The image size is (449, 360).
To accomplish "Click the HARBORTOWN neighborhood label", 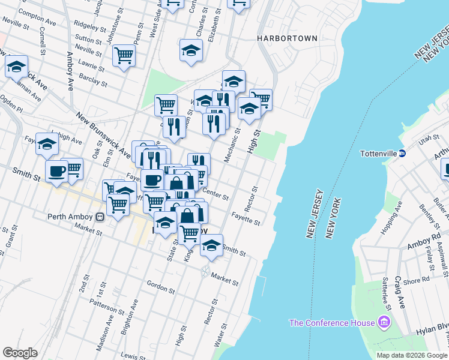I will pos(287,38).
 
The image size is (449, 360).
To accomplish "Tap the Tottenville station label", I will pos(379,153).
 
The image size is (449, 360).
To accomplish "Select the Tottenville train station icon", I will pos(403,153).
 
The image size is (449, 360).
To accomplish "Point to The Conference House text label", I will pos(332,323).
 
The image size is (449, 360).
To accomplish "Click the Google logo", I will pos(20,352).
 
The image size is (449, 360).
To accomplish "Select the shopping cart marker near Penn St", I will pos(124,56).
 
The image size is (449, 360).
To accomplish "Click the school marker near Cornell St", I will pos(16,66).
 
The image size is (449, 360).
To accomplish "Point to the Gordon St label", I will pos(161,289).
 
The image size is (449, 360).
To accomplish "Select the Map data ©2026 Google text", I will pos(411,355).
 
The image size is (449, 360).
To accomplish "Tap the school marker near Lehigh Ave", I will pos(47,144).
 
